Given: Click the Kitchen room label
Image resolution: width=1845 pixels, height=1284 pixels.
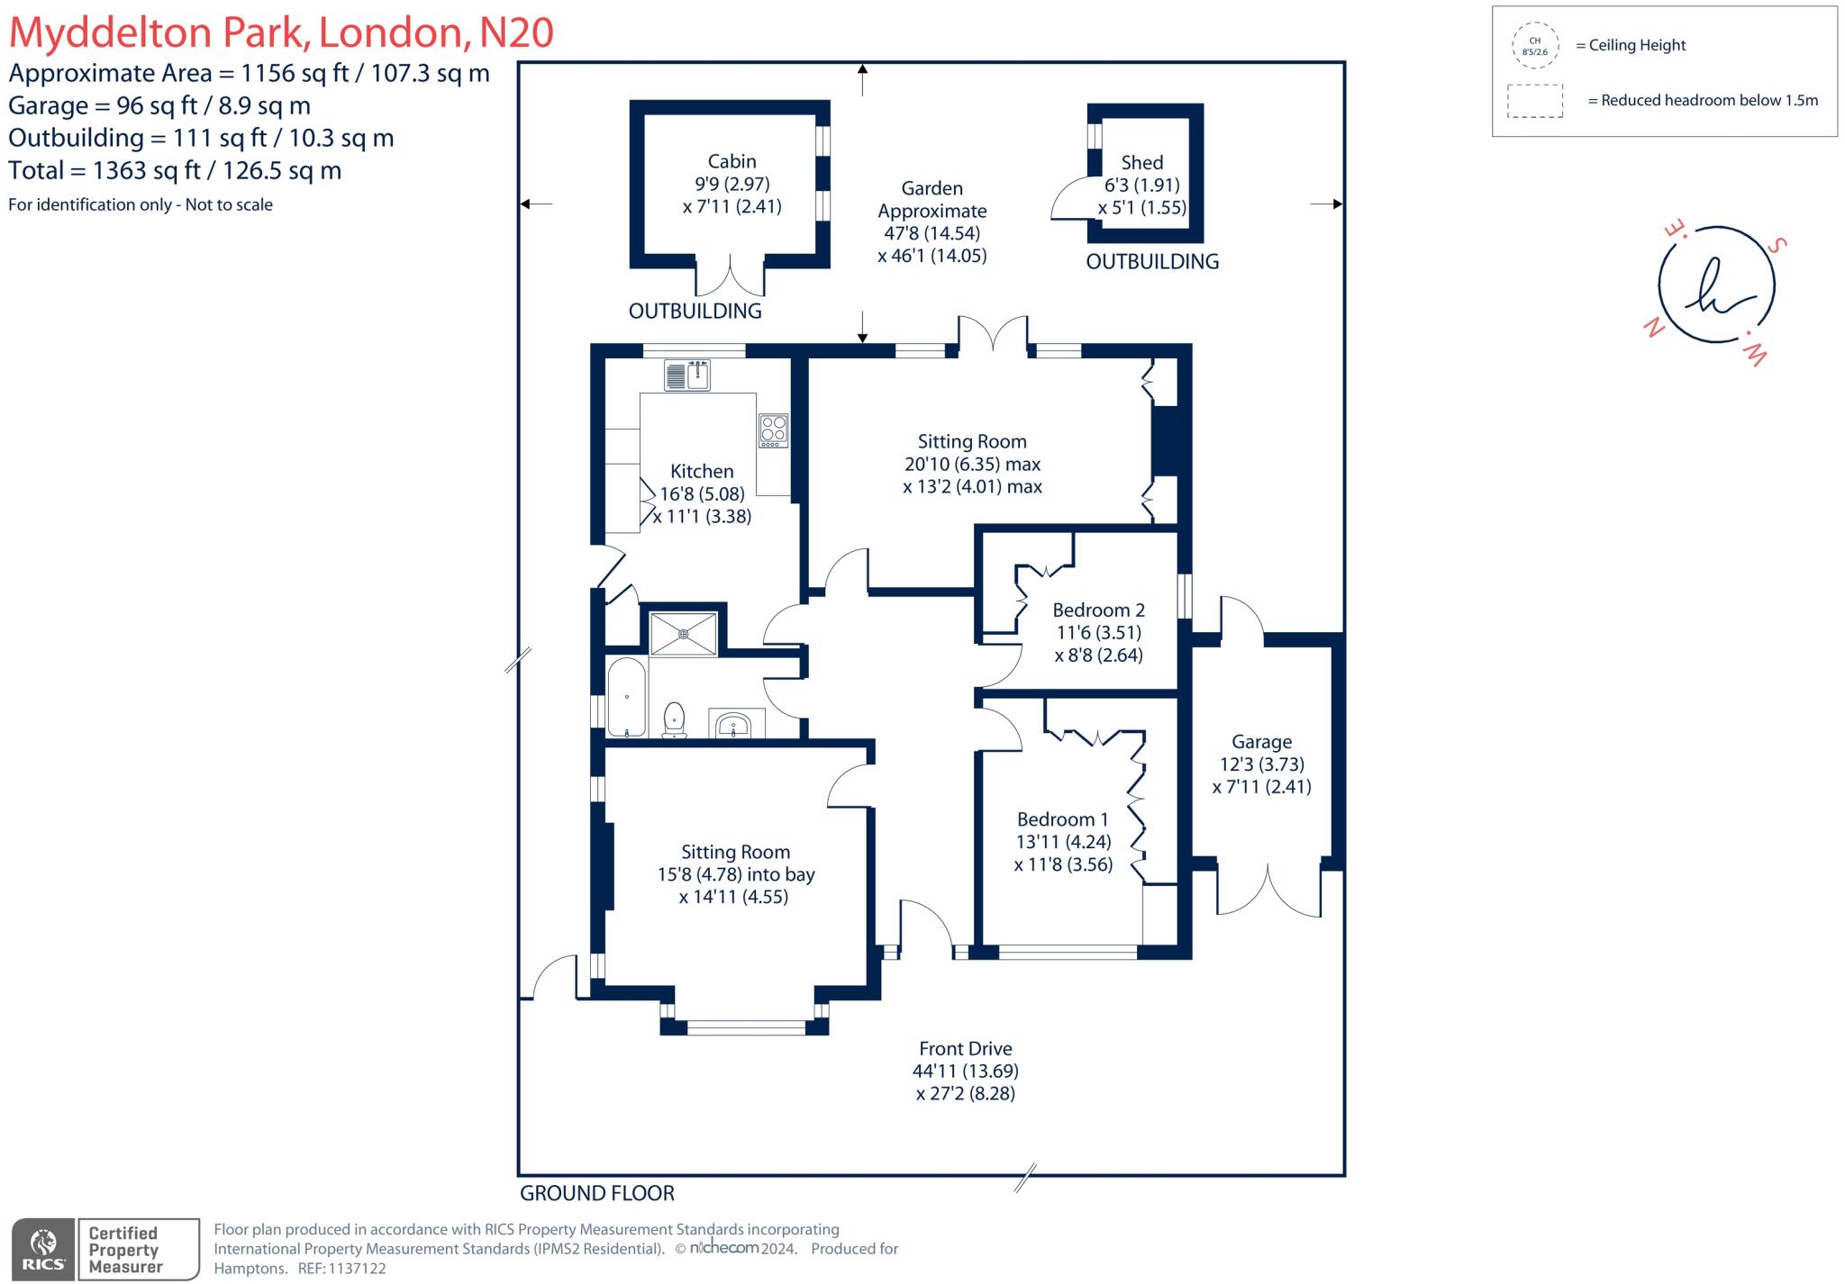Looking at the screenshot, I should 702,471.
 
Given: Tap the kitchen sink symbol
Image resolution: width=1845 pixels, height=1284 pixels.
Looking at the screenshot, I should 687,375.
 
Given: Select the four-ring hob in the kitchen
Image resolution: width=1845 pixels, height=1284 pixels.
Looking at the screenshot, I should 773,430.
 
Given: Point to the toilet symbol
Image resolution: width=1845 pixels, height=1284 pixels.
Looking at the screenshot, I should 674,719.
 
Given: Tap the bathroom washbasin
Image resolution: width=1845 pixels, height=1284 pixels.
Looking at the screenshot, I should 734,724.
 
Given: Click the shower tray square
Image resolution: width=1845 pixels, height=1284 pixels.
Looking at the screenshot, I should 684,634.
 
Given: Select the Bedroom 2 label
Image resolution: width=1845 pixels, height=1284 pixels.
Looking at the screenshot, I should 1098,610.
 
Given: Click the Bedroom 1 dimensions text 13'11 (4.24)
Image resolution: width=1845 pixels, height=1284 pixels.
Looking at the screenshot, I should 1063,842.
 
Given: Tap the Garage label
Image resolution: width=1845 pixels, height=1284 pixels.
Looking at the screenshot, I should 1261,742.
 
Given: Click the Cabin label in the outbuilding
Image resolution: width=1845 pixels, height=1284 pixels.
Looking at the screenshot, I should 732,161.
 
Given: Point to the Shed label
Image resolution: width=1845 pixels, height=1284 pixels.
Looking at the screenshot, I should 1141,163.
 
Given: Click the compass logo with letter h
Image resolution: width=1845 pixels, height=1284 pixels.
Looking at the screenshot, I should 1715,286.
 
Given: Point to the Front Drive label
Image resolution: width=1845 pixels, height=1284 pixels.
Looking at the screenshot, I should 965,1048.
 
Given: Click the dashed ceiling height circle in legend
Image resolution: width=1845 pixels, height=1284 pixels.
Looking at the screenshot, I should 1534,46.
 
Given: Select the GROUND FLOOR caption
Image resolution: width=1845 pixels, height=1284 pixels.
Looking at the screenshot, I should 596,1193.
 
